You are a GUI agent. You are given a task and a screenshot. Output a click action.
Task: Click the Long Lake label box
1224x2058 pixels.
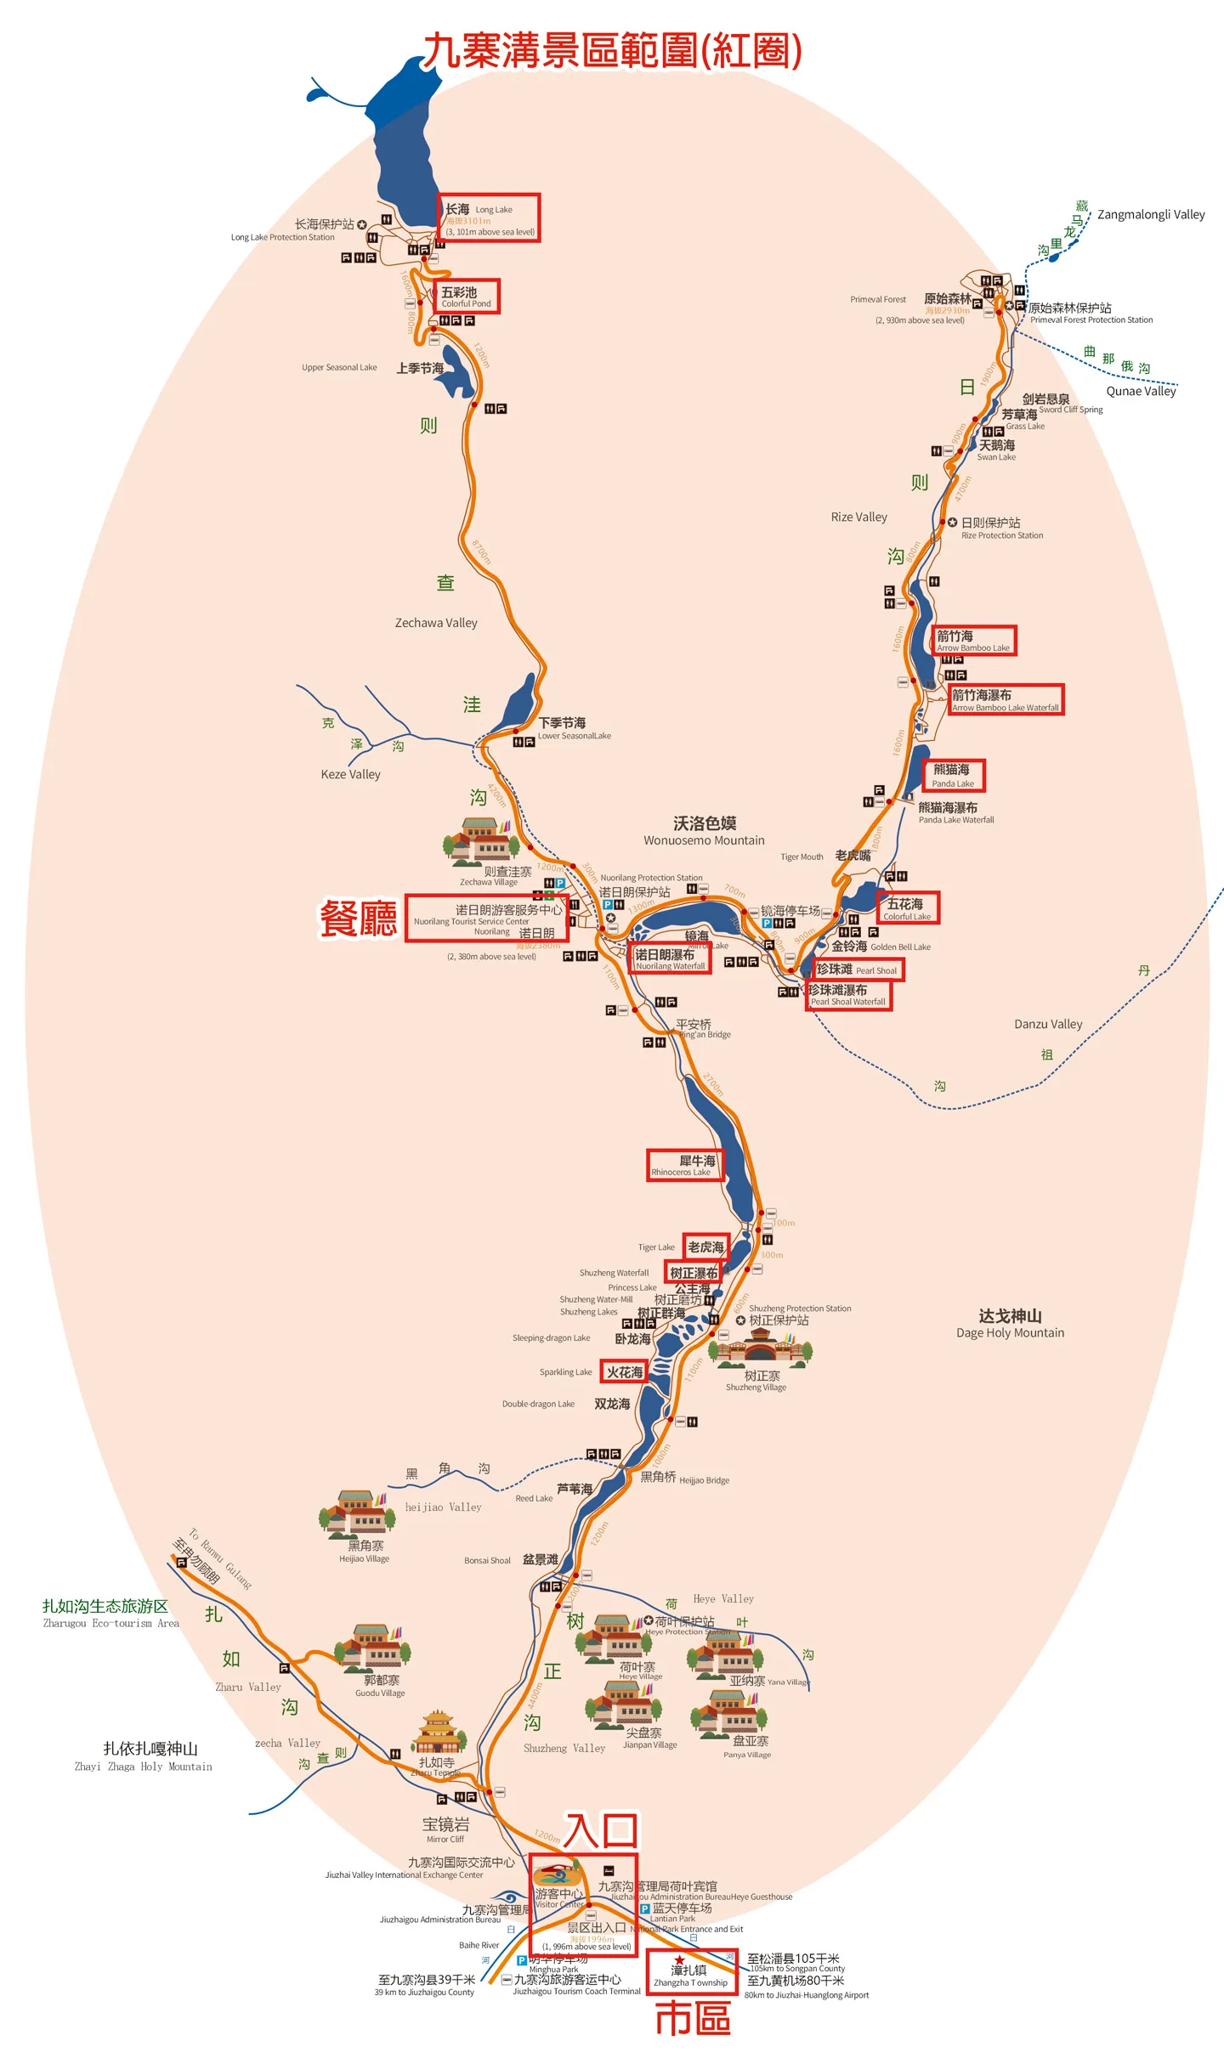click(489, 218)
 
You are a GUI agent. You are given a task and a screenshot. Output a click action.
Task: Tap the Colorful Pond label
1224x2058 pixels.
click(466, 297)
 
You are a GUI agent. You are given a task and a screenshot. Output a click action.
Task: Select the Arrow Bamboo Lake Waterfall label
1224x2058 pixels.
click(1005, 700)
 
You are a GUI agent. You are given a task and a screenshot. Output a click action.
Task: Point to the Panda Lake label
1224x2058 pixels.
click(954, 775)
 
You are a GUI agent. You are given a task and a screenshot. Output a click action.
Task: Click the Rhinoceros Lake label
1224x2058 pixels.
click(685, 1165)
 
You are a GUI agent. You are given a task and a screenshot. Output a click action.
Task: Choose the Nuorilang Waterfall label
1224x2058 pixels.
click(671, 959)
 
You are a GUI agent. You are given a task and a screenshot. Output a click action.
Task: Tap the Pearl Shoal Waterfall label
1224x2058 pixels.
click(847, 995)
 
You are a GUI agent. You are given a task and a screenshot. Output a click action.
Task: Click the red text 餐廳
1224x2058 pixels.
click(358, 919)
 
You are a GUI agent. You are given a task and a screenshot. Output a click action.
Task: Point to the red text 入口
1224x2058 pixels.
click(601, 1830)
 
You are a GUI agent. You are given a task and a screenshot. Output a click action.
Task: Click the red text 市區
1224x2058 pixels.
click(693, 2019)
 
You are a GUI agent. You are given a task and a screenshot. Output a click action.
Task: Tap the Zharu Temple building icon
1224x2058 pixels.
click(438, 1731)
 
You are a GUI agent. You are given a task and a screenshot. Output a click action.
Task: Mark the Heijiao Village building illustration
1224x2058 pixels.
click(356, 1514)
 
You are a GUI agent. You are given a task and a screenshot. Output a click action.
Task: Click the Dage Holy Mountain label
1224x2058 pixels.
click(1010, 1324)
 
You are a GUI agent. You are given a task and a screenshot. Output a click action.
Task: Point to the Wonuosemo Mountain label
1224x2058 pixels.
click(704, 831)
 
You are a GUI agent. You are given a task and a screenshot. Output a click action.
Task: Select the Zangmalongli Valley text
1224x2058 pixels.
click(1151, 214)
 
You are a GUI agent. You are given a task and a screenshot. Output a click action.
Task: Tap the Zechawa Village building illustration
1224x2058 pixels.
click(480, 840)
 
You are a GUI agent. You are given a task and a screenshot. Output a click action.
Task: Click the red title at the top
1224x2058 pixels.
click(612, 51)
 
